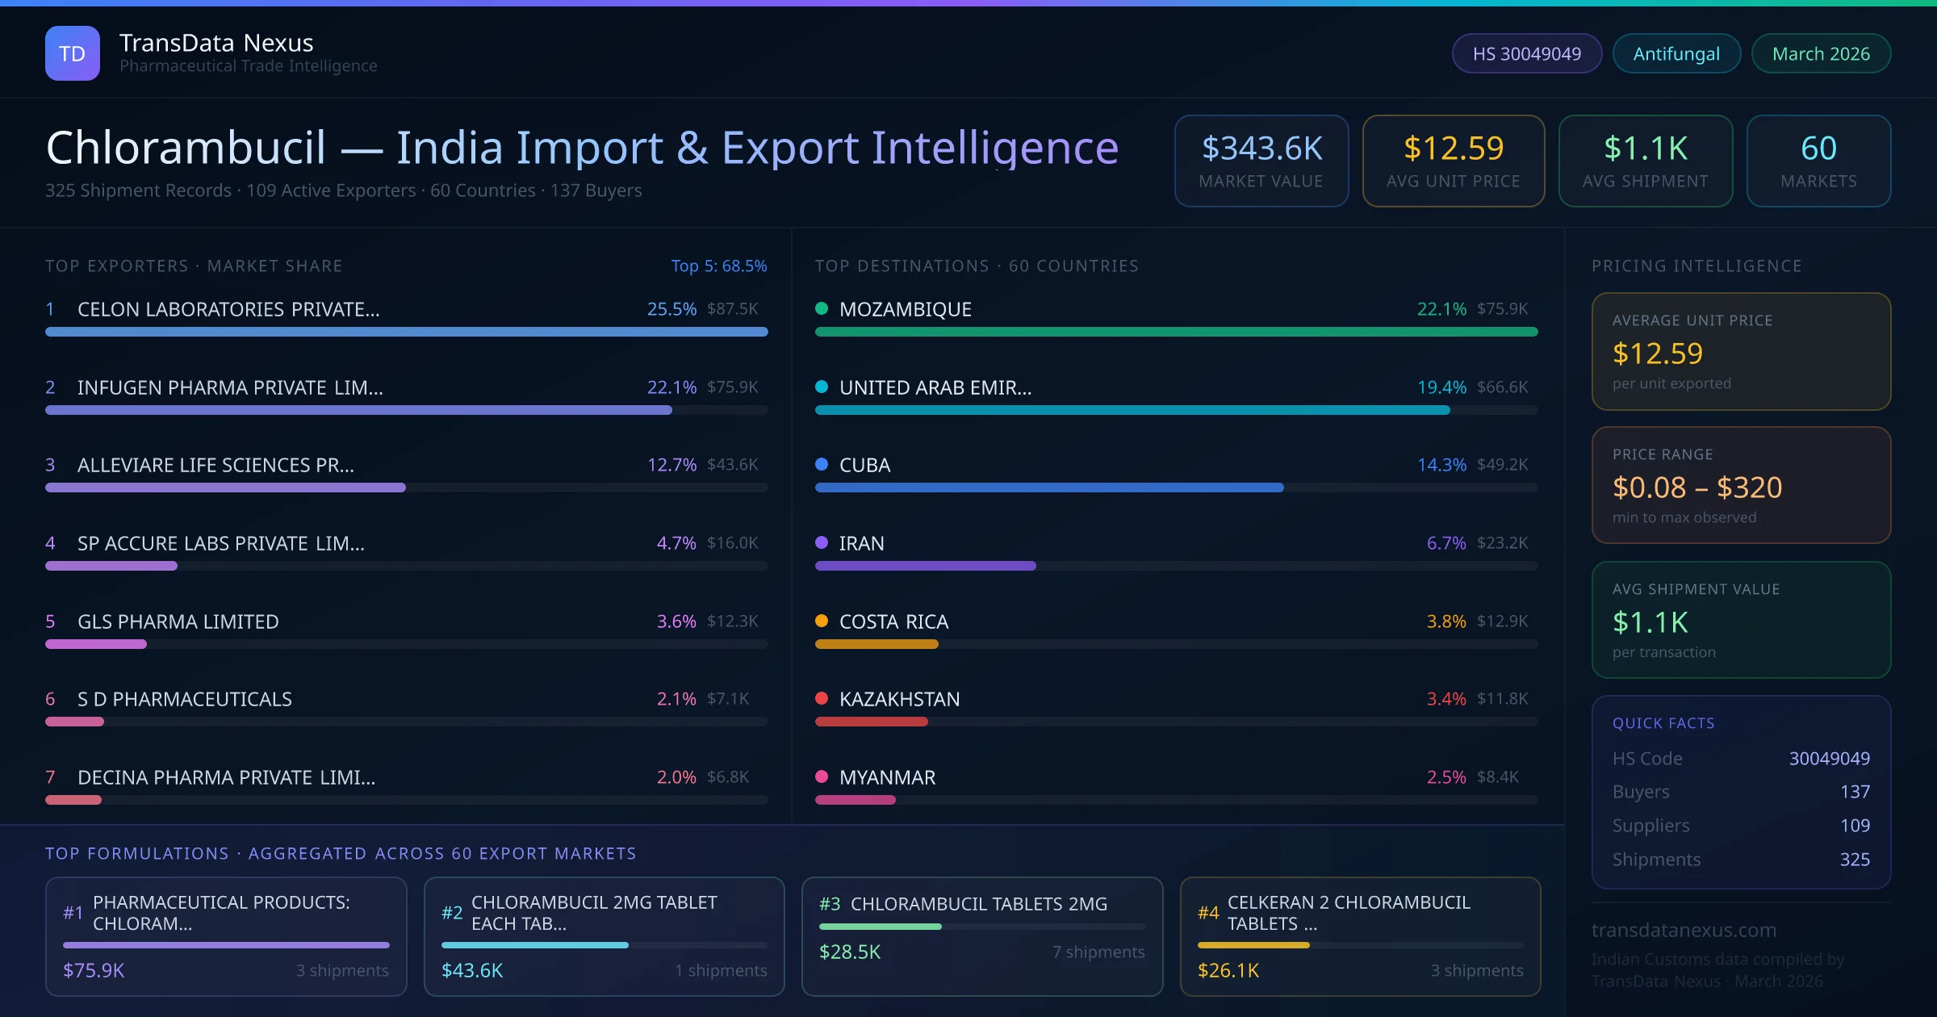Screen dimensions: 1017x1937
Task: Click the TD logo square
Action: tap(72, 53)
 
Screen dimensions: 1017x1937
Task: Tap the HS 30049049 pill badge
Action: tap(1526, 53)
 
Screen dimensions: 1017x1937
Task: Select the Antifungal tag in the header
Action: tap(1676, 53)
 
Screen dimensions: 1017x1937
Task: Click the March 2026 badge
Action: tap(1820, 53)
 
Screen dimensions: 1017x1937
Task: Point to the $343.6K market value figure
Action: tap(1261, 149)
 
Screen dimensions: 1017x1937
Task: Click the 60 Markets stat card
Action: tap(1818, 161)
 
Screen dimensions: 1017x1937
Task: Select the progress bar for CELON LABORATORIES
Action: tap(406, 332)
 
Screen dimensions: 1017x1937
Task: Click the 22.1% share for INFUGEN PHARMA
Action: tap(671, 387)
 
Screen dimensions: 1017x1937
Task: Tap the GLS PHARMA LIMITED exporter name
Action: tap(178, 621)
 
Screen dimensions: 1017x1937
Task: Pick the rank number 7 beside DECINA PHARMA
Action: tap(50, 777)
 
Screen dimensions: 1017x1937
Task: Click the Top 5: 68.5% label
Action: tap(718, 266)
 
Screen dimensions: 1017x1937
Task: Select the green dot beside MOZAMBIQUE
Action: tap(822, 308)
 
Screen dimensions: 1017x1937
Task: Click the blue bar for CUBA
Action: tap(1048, 488)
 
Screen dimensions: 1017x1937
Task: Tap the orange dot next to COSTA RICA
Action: tap(822, 621)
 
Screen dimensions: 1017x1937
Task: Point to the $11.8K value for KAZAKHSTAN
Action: tap(1502, 699)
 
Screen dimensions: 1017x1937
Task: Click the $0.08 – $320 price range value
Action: tap(1696, 488)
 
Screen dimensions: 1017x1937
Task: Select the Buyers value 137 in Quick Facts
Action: tap(1854, 792)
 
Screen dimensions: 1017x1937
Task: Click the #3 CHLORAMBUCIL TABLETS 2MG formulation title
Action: tap(978, 904)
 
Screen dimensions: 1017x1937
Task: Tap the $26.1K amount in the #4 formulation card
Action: tap(1228, 970)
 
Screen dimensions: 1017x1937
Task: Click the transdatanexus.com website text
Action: tap(1684, 930)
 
